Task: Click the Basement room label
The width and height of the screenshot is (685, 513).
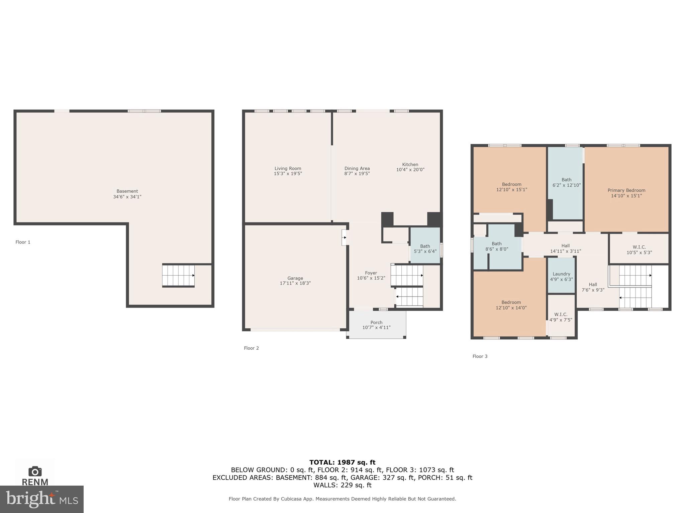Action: coord(127,191)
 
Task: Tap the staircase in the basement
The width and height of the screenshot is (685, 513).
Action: coord(178,276)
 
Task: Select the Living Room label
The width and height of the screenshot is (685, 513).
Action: coord(288,169)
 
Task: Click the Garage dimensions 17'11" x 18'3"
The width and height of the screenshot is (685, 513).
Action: coord(295,283)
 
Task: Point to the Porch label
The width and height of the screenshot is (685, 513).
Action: coord(376,322)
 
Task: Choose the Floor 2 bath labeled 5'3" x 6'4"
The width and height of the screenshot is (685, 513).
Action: coord(425,249)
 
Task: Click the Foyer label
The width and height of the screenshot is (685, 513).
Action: coord(371,273)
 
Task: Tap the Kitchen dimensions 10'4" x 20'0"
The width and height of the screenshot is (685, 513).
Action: coord(410,170)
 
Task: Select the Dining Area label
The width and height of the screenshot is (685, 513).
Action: coord(357,169)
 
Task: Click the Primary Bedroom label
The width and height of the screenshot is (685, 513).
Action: coord(626,190)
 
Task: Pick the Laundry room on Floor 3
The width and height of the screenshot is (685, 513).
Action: coord(561,276)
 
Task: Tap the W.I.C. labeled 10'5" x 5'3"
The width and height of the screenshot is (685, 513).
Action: coord(639,250)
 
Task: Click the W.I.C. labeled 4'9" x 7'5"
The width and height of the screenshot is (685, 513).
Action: coord(561,317)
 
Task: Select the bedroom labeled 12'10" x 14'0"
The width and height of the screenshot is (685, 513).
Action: coord(511,305)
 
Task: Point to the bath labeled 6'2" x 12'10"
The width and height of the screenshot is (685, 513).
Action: coord(566,182)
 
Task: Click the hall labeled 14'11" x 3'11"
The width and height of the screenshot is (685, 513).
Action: coord(565,248)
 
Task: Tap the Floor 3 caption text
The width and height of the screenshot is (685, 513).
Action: coord(480,356)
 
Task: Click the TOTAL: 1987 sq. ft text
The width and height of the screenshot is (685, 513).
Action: coord(342,463)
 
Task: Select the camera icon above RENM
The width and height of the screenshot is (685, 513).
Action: coord(35,471)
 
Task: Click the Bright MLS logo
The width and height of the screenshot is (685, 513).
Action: coord(42,499)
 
